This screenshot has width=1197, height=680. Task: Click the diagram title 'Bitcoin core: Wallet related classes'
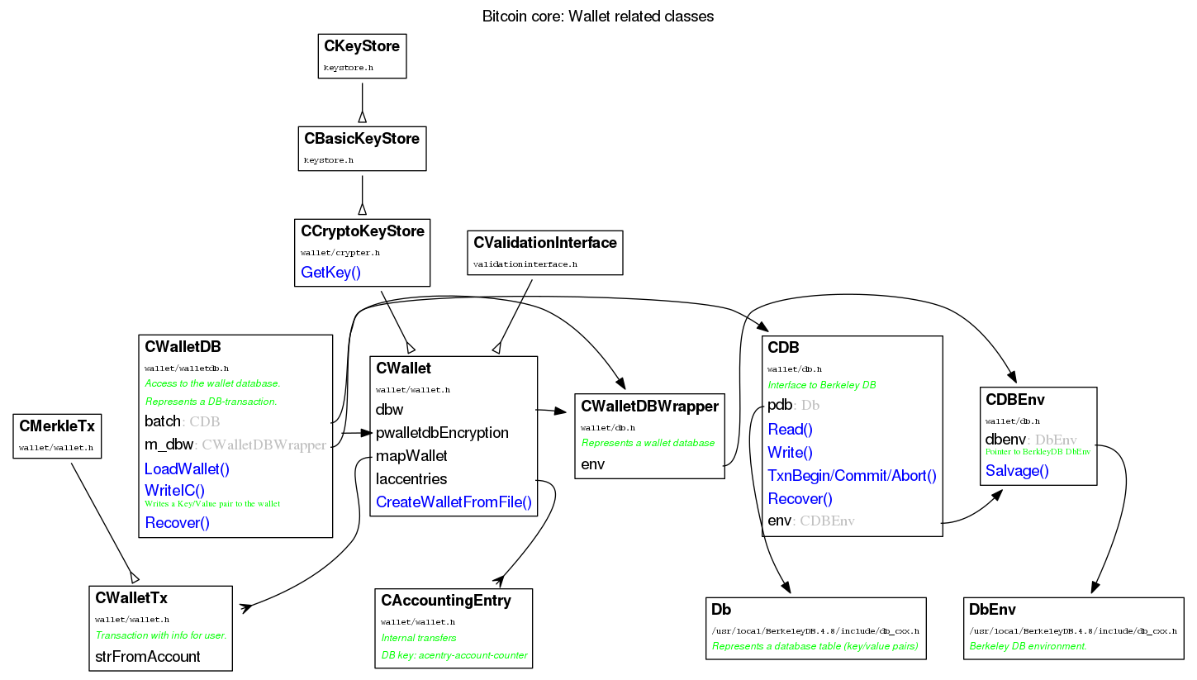[x=597, y=16]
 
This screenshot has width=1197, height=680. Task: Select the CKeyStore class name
[x=362, y=46]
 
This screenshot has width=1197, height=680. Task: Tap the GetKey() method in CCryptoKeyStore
[x=331, y=273]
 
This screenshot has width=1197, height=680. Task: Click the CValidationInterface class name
[x=545, y=243]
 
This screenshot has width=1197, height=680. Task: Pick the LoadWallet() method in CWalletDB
[x=187, y=469]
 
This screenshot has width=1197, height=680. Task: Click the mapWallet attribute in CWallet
[x=411, y=456]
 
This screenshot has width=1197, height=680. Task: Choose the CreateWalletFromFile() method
[x=454, y=502]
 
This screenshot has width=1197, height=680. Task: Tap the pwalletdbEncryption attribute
[x=442, y=433]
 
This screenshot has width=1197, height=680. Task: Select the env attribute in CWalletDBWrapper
[x=593, y=464]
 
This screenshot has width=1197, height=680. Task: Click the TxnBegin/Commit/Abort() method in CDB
[x=852, y=476]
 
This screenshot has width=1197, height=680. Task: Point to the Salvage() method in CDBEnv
[x=1017, y=471]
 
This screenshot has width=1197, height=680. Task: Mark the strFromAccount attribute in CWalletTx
[x=148, y=658]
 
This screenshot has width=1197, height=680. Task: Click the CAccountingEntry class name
[x=446, y=601]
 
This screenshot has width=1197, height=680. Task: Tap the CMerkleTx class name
[x=57, y=426]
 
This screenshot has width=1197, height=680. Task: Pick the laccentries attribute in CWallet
[x=411, y=479]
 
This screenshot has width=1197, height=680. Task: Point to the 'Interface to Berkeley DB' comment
[x=822, y=385]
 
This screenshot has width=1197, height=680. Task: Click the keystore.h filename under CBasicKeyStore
[x=329, y=159]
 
